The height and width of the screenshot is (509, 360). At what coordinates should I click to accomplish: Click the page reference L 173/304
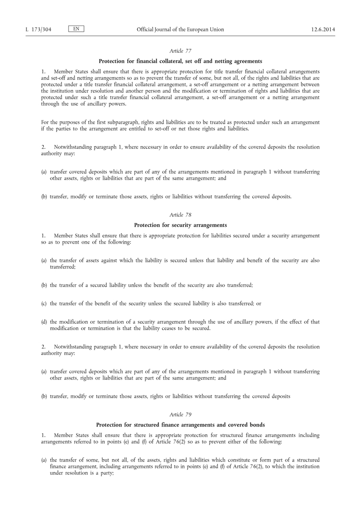pos(38,30)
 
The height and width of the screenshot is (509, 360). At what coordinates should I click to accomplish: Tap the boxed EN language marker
pos(76,29)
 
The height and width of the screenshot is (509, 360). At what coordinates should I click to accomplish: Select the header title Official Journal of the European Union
pos(180,30)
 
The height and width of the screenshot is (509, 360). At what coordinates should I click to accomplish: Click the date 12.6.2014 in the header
pos(323,30)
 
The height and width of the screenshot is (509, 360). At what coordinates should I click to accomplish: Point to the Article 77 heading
pos(180,51)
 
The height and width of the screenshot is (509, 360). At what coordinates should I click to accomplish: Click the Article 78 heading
pos(180,215)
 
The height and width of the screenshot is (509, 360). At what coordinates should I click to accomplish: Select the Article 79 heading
pos(180,414)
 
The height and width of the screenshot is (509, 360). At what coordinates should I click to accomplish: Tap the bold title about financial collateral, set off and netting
pos(180,61)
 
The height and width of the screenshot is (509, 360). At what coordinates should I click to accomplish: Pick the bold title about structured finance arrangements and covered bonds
pos(180,424)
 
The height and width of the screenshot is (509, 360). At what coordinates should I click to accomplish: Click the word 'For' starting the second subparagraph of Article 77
pos(46,122)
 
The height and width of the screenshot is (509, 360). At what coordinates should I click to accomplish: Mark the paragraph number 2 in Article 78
pos(43,346)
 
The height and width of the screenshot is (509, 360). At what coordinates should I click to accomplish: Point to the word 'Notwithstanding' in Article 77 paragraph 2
pos(72,147)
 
